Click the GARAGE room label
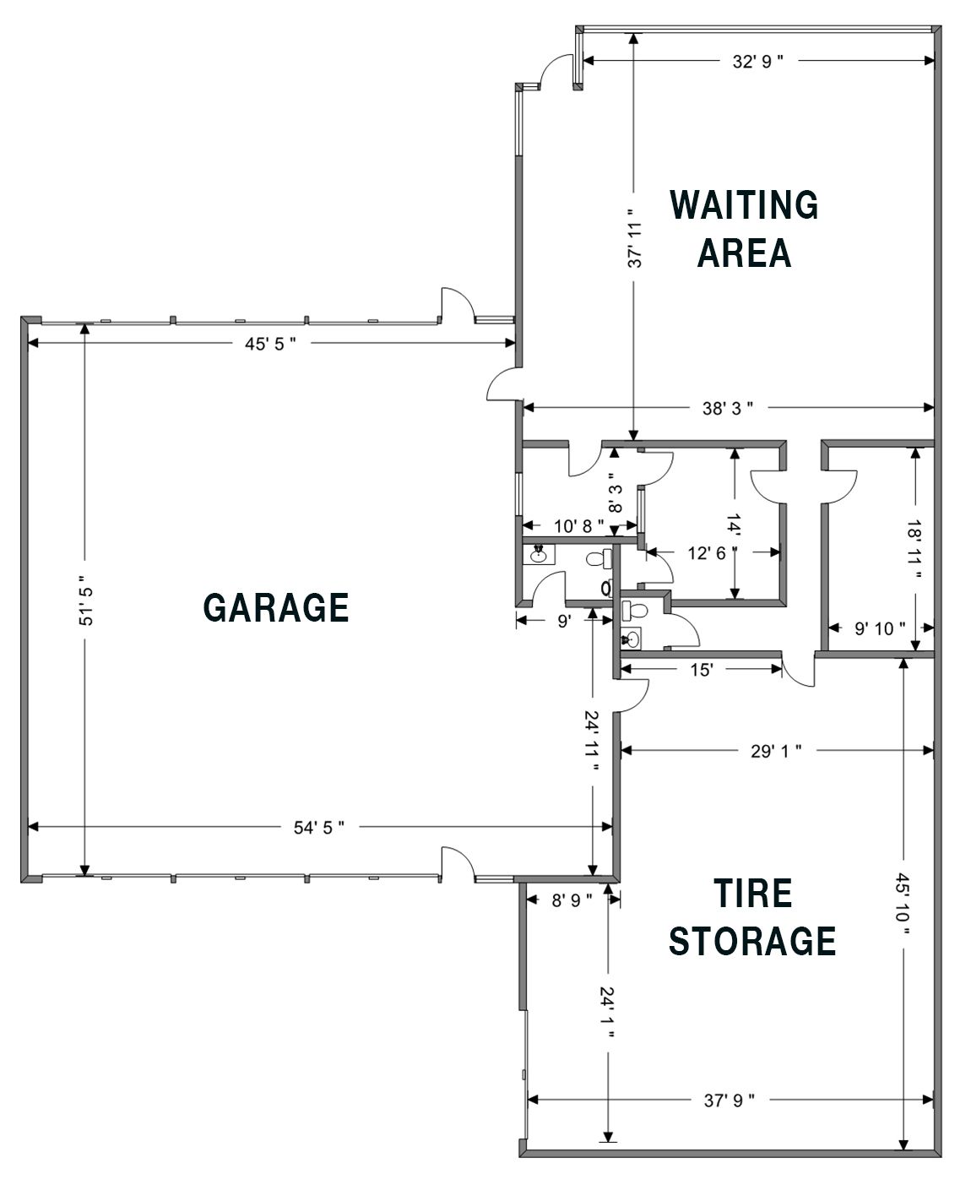point(276,607)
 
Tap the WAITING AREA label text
point(744,229)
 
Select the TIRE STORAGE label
point(752,917)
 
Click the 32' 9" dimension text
point(757,62)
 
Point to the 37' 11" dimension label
point(634,237)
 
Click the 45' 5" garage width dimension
point(270,343)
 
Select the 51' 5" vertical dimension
point(85,601)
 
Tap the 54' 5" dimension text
point(319,827)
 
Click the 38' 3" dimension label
point(728,408)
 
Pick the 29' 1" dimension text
point(776,751)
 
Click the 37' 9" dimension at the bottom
point(730,1101)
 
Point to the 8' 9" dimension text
point(572,900)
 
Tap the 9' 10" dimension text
point(880,628)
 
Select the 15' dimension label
point(702,670)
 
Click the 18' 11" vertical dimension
point(914,550)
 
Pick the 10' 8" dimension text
point(579,526)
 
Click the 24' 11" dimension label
point(592,742)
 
